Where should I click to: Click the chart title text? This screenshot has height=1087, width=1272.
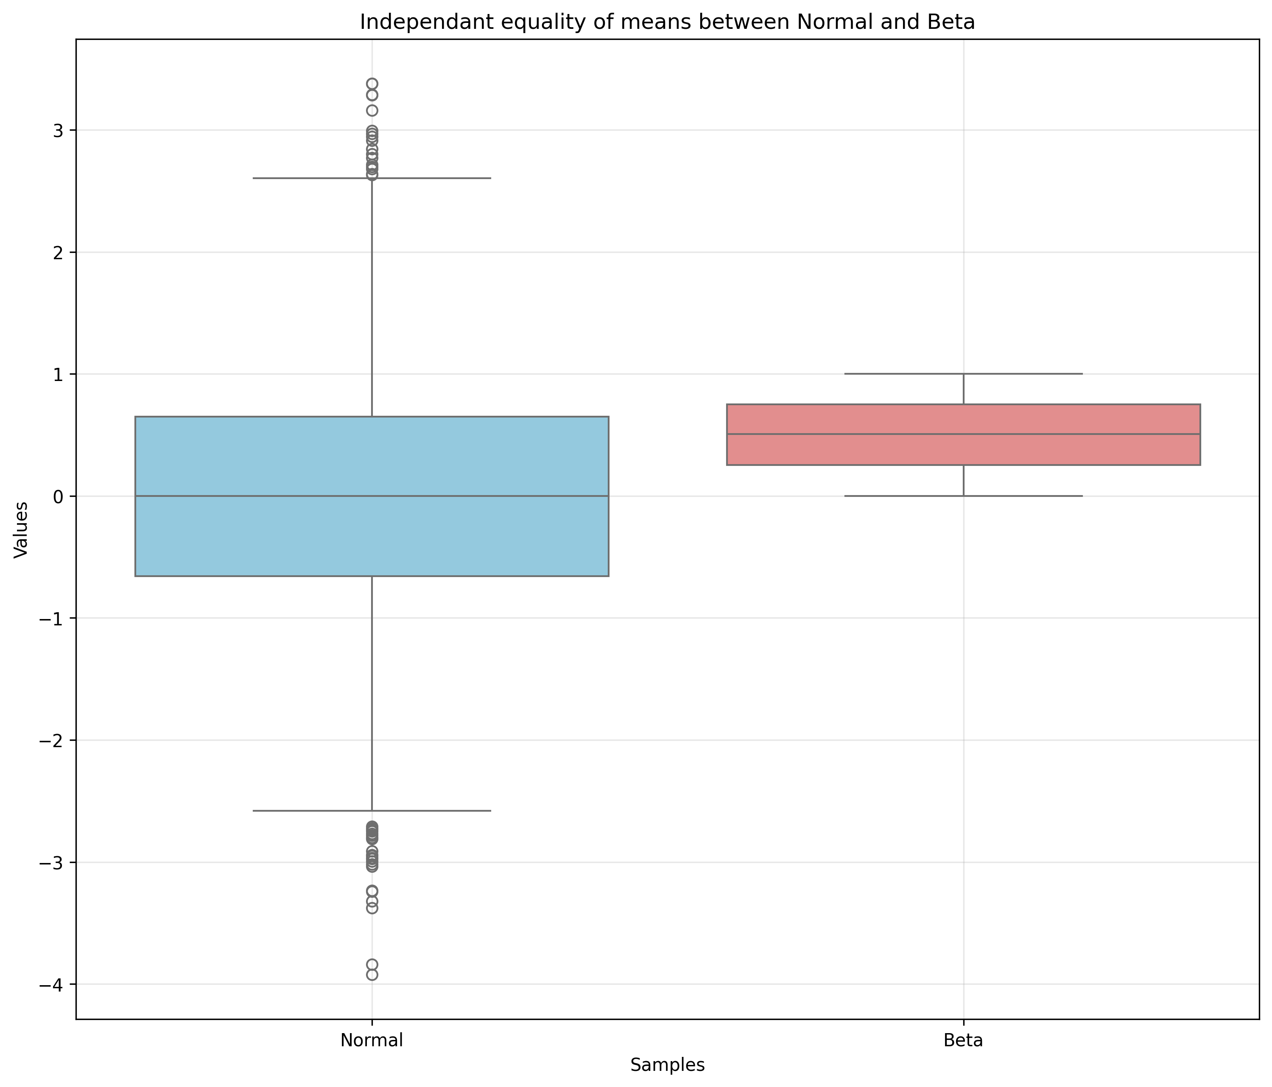(667, 22)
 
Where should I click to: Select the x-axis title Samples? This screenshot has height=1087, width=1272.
(667, 1065)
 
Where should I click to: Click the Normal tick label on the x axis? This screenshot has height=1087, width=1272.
(372, 1040)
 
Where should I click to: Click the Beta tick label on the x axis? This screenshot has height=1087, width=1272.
(963, 1040)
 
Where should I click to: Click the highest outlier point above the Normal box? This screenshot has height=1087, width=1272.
(372, 84)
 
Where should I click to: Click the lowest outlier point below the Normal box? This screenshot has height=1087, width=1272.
(372, 975)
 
